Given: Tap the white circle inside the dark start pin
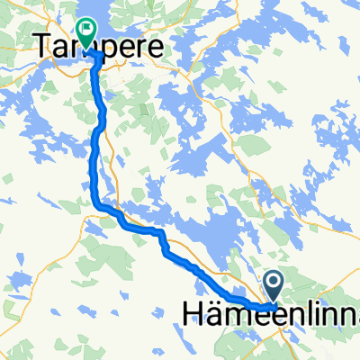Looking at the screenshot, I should pyautogui.click(x=275, y=284).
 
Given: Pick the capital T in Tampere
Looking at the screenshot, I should pyautogui.click(x=42, y=44).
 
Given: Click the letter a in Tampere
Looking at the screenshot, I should pyautogui.click(x=59, y=45).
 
